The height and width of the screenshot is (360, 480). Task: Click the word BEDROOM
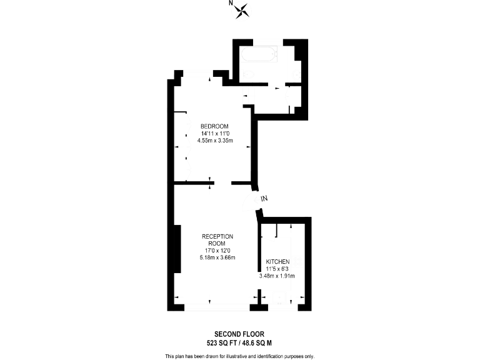214,126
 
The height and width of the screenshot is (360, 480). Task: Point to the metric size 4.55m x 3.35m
214,141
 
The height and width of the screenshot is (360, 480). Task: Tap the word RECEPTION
217,236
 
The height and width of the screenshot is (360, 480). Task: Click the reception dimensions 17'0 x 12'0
217,251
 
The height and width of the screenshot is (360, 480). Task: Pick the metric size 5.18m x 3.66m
217,257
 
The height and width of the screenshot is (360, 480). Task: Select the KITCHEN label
277,261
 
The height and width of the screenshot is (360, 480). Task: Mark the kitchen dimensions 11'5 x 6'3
277,268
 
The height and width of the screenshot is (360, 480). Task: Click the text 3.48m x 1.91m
277,276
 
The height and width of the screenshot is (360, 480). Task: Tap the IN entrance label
264,199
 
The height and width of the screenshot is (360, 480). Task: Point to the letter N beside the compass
231,4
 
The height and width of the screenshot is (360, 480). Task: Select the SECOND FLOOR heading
239,334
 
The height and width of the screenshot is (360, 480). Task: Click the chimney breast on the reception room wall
178,249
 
